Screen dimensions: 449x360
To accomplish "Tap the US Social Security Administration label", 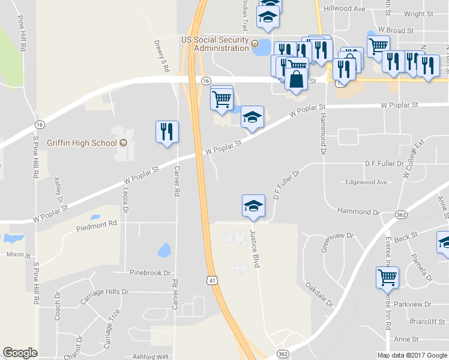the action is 215,44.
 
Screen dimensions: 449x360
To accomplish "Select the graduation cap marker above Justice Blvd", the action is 253,206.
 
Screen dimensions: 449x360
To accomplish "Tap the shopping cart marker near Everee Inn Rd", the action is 388,278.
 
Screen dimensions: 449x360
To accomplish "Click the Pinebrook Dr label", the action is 150,272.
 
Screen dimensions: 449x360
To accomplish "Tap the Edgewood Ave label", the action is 367,182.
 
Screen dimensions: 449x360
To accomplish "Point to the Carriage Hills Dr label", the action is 100,292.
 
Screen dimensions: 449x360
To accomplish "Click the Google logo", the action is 20,353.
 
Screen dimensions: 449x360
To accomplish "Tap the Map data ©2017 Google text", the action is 411,355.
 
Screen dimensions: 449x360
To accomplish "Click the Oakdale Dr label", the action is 319,294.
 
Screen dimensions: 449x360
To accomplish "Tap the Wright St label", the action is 419,14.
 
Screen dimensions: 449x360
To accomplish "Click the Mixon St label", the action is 18,254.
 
